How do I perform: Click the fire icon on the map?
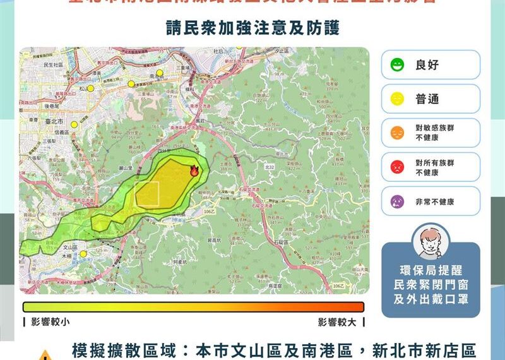pos(194,171)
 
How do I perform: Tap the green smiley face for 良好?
pos(397,64)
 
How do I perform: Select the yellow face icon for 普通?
pos(397,99)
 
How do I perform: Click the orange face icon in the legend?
pos(397,133)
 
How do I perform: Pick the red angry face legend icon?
pos(397,167)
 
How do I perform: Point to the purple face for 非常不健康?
pos(397,201)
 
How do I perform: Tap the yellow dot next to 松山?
pos(90,88)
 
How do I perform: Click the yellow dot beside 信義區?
pos(74,125)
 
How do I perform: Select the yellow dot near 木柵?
pos(83,254)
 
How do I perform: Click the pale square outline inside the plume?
pos(146,193)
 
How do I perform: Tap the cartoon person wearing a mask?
pos(429,243)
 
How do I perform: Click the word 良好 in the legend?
pos(427,64)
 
